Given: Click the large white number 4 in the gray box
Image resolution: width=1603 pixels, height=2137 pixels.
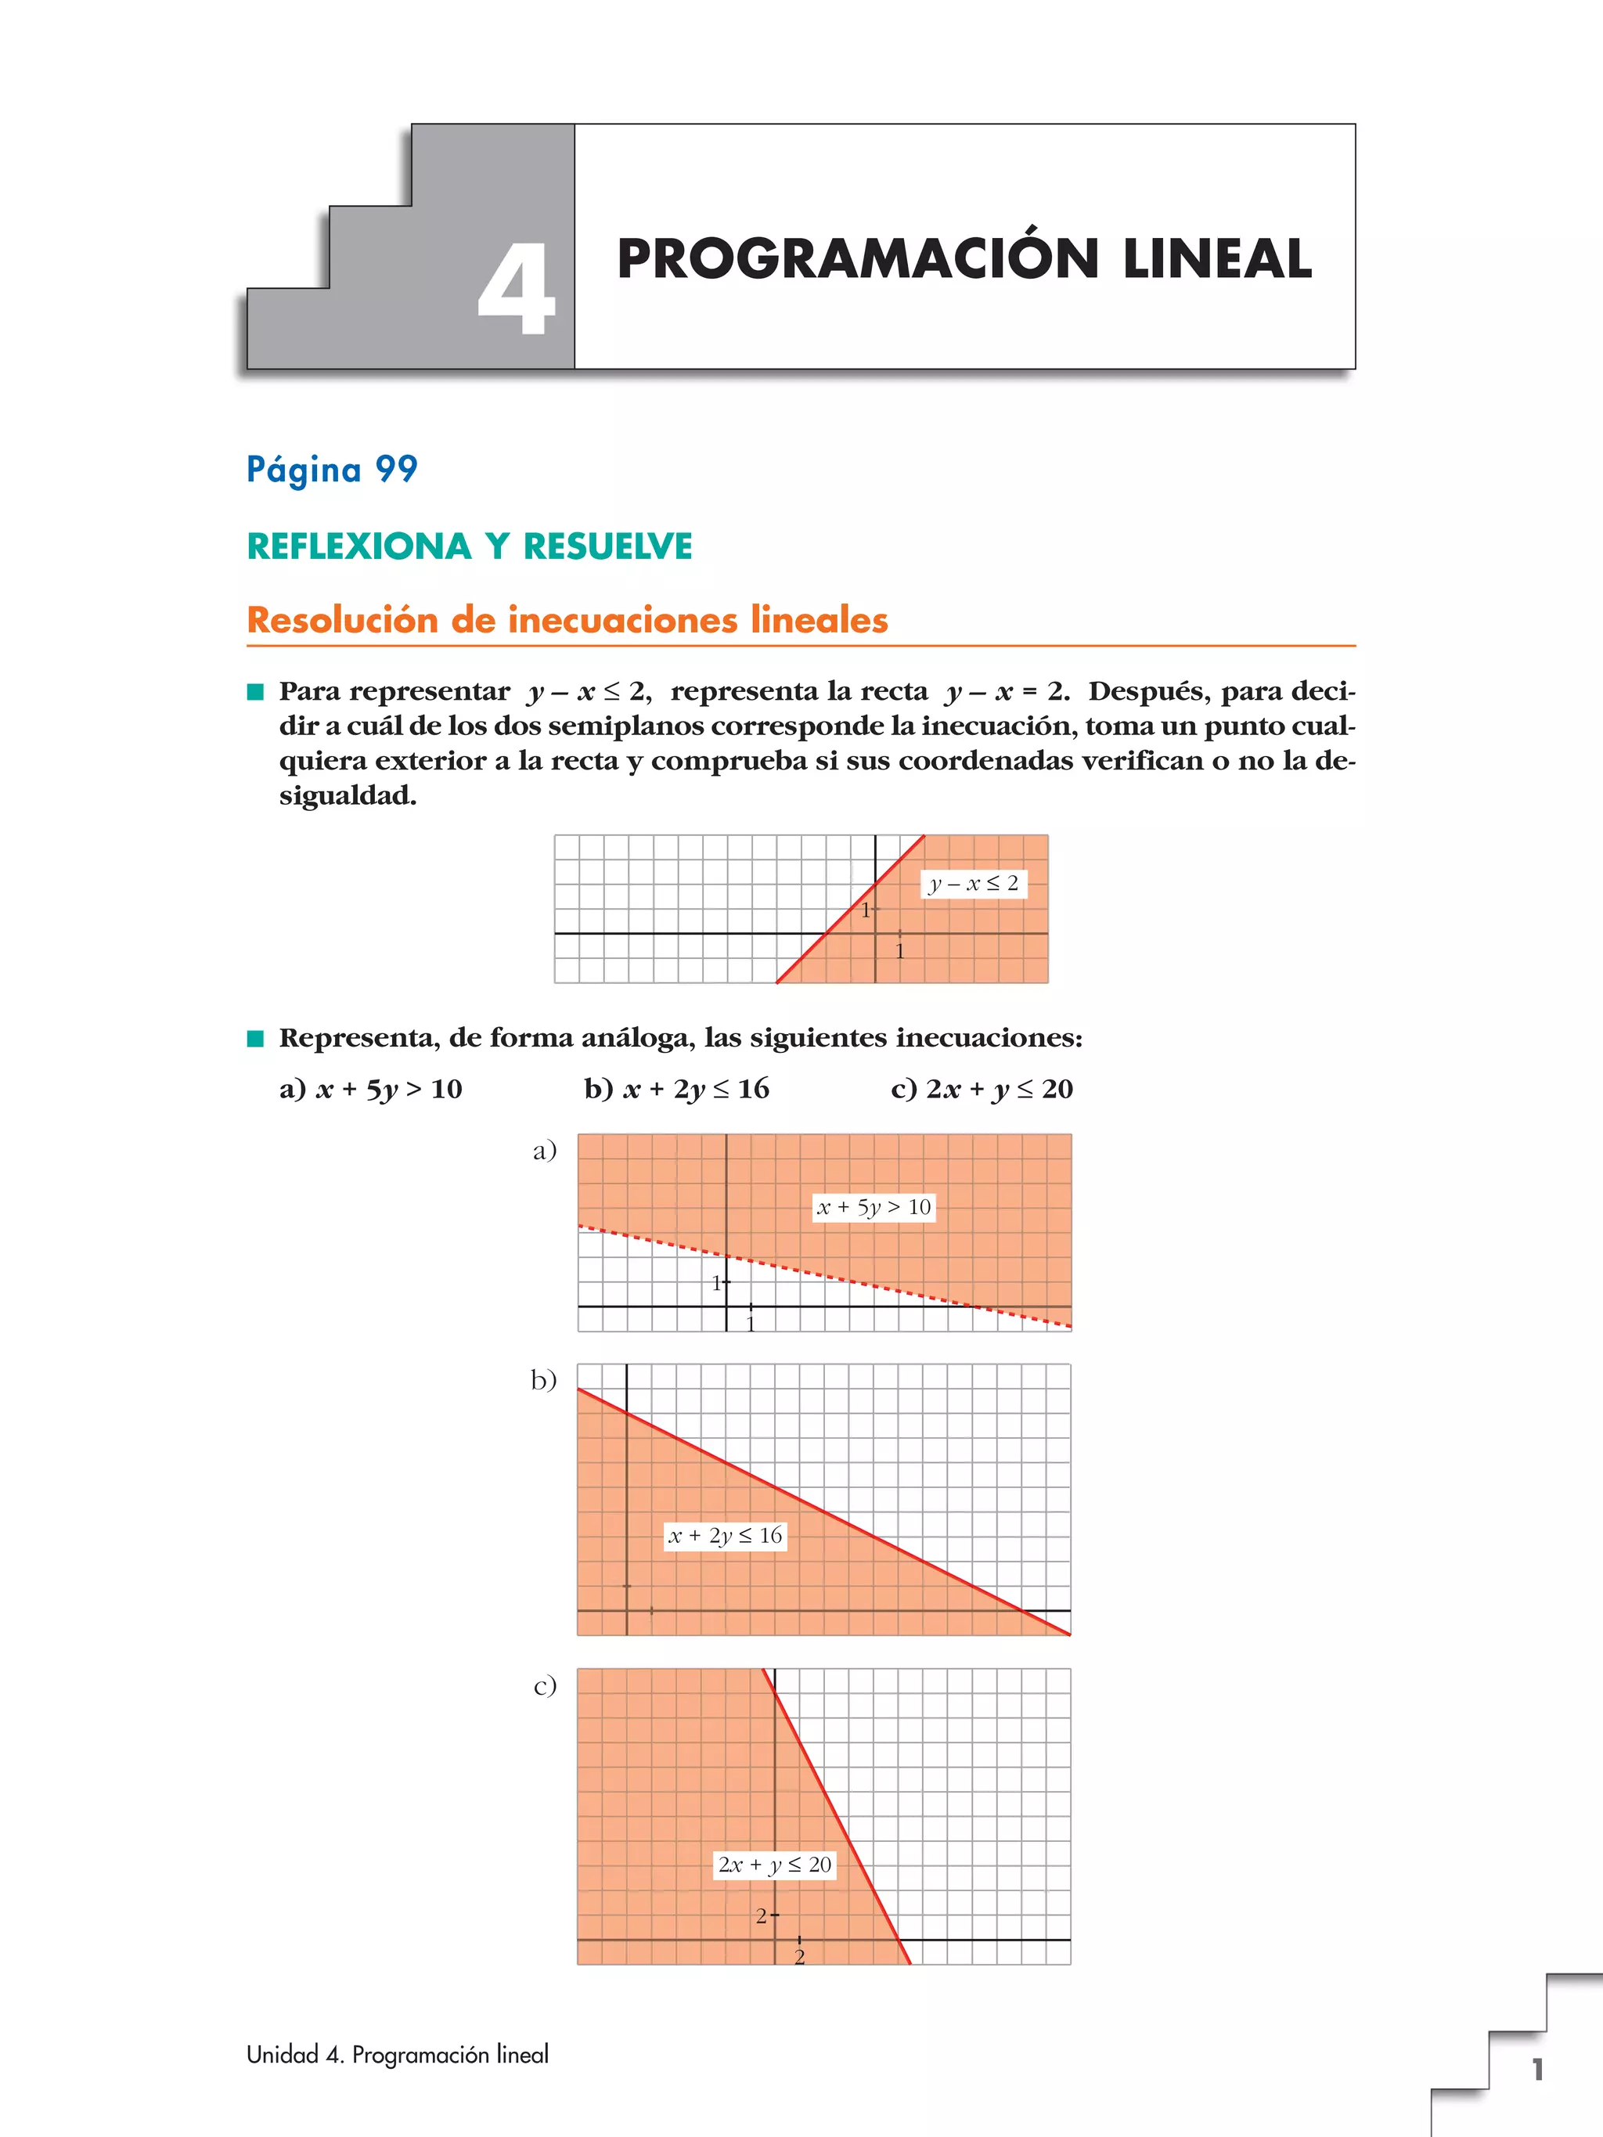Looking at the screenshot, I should pyautogui.click(x=517, y=289).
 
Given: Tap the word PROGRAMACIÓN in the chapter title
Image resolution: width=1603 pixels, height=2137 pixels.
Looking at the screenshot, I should pyautogui.click(x=858, y=259).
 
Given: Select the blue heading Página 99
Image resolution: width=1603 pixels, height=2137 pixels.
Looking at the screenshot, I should pyautogui.click(x=331, y=470).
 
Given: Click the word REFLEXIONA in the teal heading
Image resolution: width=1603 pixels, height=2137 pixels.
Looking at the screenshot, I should pyautogui.click(x=358, y=547).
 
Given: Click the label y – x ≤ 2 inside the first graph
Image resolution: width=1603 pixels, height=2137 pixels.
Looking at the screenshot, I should pyautogui.click(x=973, y=883).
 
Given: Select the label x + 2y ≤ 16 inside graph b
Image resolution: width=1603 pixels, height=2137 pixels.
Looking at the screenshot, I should pyautogui.click(x=726, y=1535).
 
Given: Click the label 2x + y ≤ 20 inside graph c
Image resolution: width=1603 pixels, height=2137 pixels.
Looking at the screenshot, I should pyautogui.click(x=774, y=1864).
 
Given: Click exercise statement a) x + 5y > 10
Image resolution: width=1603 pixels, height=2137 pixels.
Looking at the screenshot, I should pyautogui.click(x=371, y=1089).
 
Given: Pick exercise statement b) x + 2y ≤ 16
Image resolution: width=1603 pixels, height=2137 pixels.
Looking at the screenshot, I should pyautogui.click(x=676, y=1089).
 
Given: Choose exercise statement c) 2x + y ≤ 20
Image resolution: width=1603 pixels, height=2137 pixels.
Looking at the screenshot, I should pyautogui.click(x=982, y=1089).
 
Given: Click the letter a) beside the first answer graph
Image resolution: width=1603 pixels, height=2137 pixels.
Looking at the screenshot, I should pyautogui.click(x=545, y=1150).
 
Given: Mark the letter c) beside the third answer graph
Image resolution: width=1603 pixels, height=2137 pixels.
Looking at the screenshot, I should pyautogui.click(x=545, y=1686).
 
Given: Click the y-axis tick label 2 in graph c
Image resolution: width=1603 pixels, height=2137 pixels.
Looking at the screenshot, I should pyautogui.click(x=762, y=1915).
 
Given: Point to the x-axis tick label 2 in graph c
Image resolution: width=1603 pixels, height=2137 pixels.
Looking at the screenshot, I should pyautogui.click(x=799, y=1957).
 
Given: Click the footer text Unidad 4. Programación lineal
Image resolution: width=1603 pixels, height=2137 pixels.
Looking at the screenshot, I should pyautogui.click(x=397, y=2055).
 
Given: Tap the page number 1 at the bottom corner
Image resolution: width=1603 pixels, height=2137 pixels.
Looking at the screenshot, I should pyautogui.click(x=1536, y=2070).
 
